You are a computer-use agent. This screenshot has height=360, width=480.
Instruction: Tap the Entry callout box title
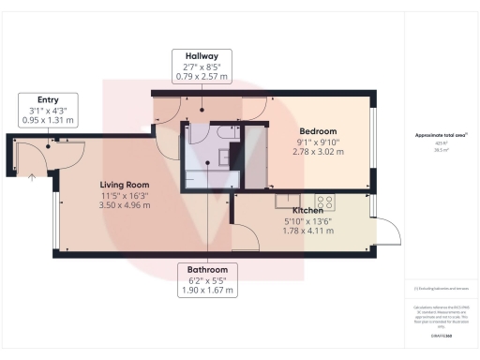click(x=48, y=98)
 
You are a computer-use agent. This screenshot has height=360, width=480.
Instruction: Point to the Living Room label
click(x=126, y=185)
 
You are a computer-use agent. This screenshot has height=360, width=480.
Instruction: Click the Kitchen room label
click(x=308, y=211)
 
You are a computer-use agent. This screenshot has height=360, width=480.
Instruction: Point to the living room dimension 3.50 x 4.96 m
click(x=126, y=204)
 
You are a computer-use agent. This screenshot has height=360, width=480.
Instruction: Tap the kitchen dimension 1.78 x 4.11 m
click(x=308, y=232)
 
